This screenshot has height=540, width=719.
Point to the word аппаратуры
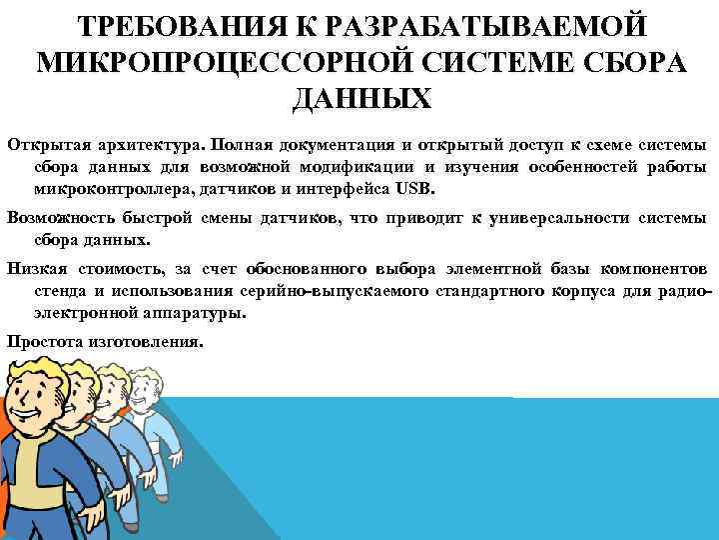click(190, 313)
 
